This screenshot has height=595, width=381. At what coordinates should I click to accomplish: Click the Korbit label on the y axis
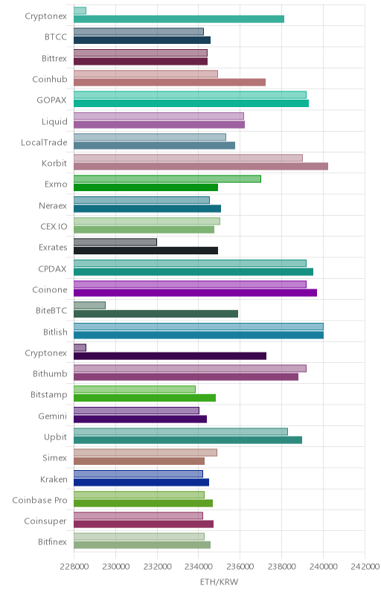click(54, 163)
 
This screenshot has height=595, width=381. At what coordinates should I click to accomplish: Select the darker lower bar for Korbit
click(201, 166)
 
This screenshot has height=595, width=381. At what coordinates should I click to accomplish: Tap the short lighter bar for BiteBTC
click(89, 306)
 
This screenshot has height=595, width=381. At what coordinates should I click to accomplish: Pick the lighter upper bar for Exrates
click(115, 242)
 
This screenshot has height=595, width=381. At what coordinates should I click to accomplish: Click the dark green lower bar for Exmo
click(146, 187)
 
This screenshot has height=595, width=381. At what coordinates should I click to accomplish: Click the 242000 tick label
click(365, 567)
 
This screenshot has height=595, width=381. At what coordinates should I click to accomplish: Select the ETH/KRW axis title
click(219, 582)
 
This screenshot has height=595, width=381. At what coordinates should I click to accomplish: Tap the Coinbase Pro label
click(40, 500)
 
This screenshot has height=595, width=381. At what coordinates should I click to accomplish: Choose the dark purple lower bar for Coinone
click(195, 292)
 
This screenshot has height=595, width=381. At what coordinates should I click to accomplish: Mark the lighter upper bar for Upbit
click(181, 431)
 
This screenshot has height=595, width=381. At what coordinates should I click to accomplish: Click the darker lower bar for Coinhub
click(170, 83)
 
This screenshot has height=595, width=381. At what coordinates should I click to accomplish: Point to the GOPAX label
click(51, 100)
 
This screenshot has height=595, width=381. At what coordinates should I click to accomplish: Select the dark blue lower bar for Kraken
click(141, 482)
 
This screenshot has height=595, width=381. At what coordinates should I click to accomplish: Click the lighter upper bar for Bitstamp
click(135, 389)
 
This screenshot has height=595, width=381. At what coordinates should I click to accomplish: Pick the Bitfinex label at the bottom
click(52, 542)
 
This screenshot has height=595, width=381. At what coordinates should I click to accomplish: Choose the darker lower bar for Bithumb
click(186, 377)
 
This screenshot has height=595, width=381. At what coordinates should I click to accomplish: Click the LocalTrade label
click(44, 142)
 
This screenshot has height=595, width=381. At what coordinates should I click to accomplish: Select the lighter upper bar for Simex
click(145, 452)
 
